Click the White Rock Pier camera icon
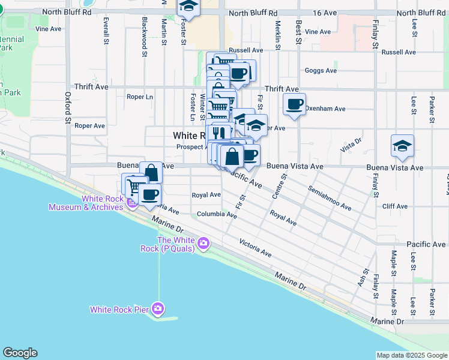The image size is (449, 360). (x=158, y=309)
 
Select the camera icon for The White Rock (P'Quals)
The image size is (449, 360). (x=203, y=243)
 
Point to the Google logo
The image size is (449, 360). (x=20, y=353)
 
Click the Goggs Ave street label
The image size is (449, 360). (x=321, y=70)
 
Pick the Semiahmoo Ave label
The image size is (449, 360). (x=330, y=199)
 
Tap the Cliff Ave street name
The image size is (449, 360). (x=394, y=206)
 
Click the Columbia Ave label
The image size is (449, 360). (x=217, y=214)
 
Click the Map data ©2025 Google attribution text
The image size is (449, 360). (x=411, y=355)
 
